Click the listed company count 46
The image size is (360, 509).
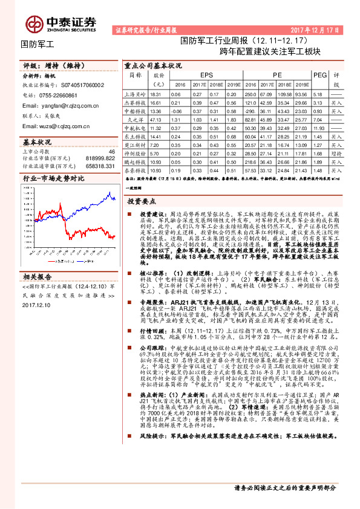coord(111,152)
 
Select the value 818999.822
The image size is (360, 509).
coord(100,158)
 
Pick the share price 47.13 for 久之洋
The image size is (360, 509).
coord(155,120)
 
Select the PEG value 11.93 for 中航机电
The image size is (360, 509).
coord(319,129)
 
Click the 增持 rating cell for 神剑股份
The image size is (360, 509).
coord(337,154)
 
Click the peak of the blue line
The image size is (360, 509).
coord(110,192)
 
